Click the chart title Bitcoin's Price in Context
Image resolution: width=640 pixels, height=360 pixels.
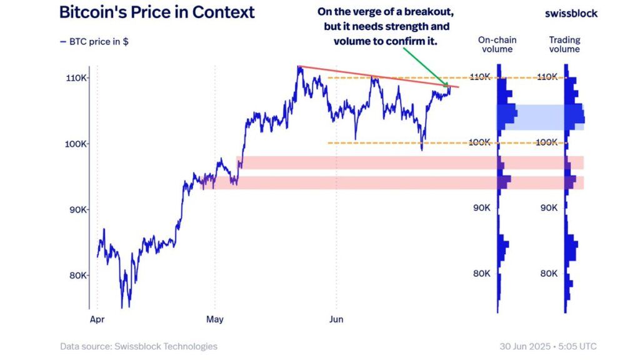[x=157, y=12]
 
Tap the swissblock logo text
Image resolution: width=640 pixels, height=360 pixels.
[x=571, y=13]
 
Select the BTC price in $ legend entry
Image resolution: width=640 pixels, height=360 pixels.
[x=94, y=42]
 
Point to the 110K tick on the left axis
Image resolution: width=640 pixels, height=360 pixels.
[x=77, y=77]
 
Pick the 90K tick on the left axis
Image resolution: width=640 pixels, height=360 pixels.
[x=77, y=209]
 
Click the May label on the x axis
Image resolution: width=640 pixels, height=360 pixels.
[x=214, y=319]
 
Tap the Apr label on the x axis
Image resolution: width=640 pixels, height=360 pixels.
[x=97, y=319]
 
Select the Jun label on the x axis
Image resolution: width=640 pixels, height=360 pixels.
[x=336, y=319]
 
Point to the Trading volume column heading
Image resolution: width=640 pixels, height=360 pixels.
[x=564, y=44]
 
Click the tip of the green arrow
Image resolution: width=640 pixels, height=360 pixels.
[x=447, y=86]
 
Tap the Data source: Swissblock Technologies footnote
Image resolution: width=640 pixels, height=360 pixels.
[x=139, y=346]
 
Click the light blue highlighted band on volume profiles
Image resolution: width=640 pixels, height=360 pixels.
[x=541, y=117]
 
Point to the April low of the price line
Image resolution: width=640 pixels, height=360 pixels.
[x=129, y=307]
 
